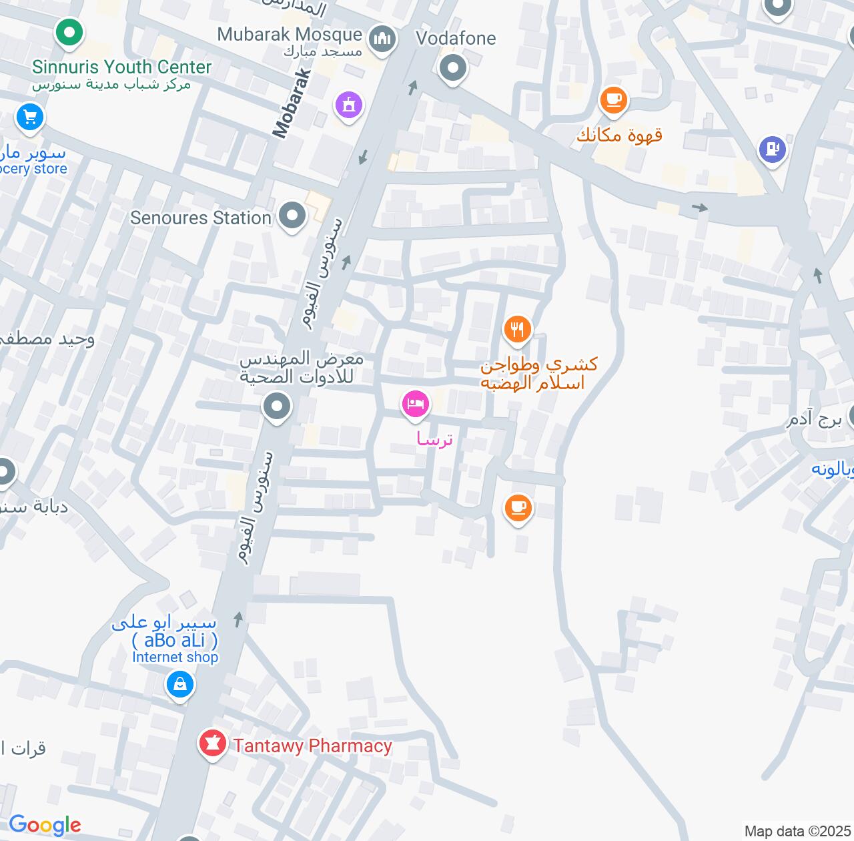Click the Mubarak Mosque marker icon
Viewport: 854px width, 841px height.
pyautogui.click(x=382, y=39)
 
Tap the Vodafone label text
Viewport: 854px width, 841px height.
pyautogui.click(x=456, y=39)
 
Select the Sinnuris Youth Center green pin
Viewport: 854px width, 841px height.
pyautogui.click(x=68, y=33)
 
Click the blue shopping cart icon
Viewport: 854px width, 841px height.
pyautogui.click(x=29, y=118)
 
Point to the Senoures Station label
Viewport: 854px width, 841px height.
pyautogui.click(x=200, y=218)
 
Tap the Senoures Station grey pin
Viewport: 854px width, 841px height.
pyautogui.click(x=292, y=216)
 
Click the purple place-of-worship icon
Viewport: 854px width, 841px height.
pyautogui.click(x=348, y=105)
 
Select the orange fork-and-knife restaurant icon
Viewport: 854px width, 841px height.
pyautogui.click(x=517, y=329)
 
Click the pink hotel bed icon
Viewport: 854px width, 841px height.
pyautogui.click(x=415, y=404)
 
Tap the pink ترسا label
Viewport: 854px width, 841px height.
pyautogui.click(x=434, y=439)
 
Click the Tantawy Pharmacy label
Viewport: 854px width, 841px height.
pyautogui.click(x=312, y=746)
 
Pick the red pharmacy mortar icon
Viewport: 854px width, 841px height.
pyautogui.click(x=213, y=743)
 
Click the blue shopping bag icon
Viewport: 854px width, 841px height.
pyautogui.click(x=179, y=684)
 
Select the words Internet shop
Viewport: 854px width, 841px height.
pyautogui.click(x=175, y=657)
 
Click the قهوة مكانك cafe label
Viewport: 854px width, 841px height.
pyautogui.click(x=619, y=135)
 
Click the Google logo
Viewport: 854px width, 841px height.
pyautogui.click(x=45, y=826)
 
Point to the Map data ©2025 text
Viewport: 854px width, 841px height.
pyautogui.click(x=797, y=832)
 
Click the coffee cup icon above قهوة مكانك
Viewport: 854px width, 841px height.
pyautogui.click(x=614, y=100)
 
